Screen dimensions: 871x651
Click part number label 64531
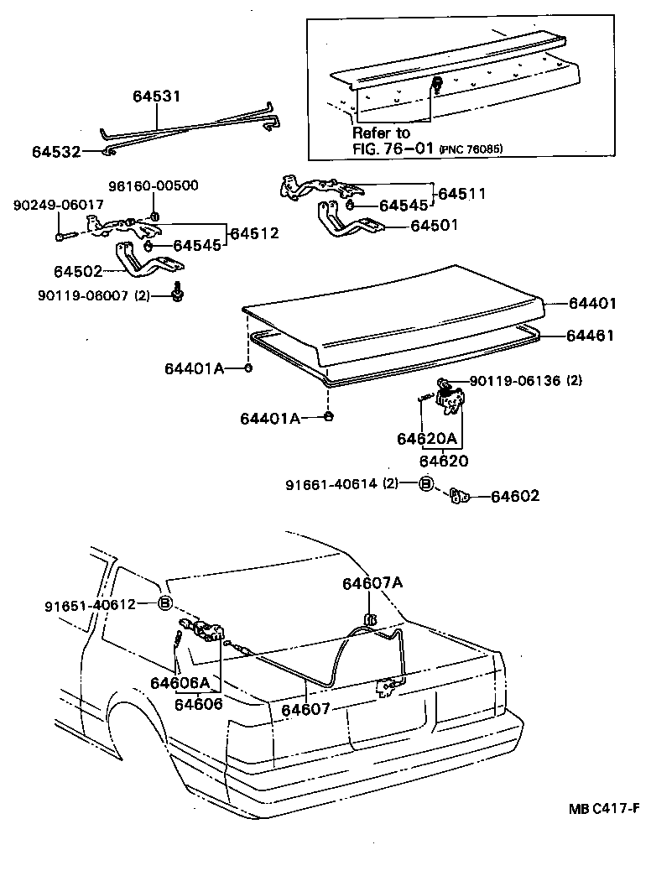pos(156,96)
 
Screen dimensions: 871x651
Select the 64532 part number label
pos(56,152)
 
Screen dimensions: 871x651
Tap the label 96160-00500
pos(154,185)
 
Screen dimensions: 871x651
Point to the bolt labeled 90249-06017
pos(62,237)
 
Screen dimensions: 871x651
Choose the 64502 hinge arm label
pos(77,272)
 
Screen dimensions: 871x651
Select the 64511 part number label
pos(462,193)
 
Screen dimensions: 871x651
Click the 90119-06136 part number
pos(514,381)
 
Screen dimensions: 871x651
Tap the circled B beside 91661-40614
pos(426,484)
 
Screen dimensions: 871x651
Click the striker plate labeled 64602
pos(457,496)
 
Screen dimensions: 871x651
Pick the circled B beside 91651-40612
pos(165,603)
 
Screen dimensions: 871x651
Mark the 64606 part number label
pos(199,704)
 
